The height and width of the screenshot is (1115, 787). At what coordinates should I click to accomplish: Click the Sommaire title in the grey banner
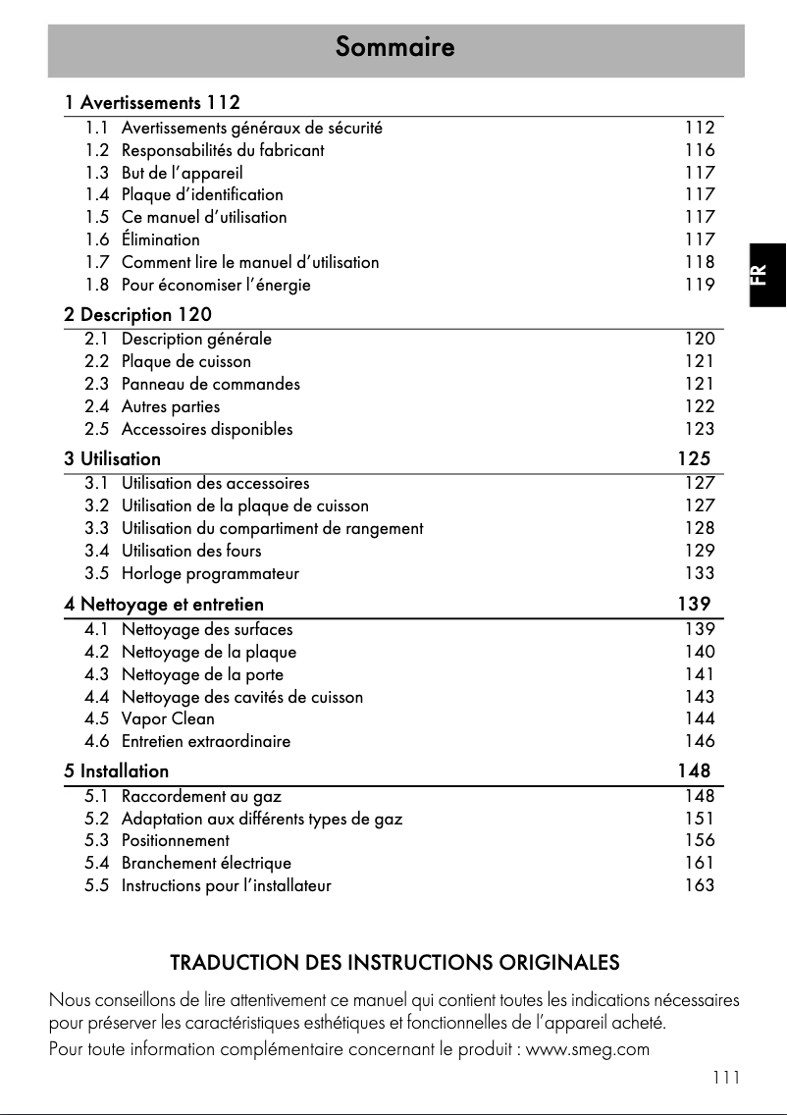pos(394,47)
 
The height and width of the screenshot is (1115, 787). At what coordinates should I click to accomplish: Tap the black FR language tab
pos(766,275)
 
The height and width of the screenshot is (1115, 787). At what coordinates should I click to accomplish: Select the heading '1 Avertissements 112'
pos(152,102)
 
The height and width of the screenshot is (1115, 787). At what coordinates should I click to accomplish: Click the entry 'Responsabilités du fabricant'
pos(223,150)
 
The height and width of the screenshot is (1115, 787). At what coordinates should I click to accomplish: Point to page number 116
pos(700,150)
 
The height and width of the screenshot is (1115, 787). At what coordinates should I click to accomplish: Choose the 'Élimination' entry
pos(160,239)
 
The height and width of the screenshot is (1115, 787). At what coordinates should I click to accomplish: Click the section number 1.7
pos(96,262)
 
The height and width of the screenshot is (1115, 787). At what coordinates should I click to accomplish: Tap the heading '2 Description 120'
pos(137,315)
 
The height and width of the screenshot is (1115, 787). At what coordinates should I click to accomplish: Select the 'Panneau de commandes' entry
pos(211,384)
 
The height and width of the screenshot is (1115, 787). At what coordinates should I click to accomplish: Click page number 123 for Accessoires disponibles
pos(700,429)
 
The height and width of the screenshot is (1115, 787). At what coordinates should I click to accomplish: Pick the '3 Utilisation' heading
pos(113,458)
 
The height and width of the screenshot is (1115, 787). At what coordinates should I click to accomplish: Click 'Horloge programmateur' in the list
pos(210,573)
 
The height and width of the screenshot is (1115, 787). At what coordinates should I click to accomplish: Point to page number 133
pos(700,573)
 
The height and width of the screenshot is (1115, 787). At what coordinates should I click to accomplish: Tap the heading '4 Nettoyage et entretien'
pos(164,605)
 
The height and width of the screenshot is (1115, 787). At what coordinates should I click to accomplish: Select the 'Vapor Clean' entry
pos(168,718)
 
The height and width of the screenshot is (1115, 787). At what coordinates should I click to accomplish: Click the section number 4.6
pos(96,741)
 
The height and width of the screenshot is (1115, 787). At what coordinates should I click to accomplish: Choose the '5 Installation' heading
pos(117,770)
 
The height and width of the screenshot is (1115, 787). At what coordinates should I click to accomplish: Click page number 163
pos(700,885)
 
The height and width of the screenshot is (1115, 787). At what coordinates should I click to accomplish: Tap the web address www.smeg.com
pos(589,1049)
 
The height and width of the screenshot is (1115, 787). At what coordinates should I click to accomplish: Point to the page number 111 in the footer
pos(726,1077)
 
